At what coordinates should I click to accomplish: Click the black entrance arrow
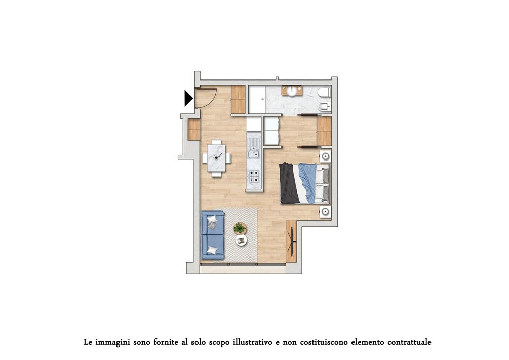188,98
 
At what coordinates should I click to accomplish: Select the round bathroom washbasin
292,91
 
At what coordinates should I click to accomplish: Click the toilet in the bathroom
325,93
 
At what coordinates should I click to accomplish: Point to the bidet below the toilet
325,106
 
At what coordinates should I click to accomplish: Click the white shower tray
257,99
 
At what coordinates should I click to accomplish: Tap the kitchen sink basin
253,154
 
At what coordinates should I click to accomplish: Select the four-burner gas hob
254,176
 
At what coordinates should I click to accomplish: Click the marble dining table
217,158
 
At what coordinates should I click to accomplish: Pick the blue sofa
213,235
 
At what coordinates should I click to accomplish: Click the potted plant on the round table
240,228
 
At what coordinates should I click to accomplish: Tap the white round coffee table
241,240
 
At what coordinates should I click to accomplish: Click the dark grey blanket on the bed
288,183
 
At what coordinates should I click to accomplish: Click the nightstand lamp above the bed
325,157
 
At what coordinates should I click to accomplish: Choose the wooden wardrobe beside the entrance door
238,99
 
